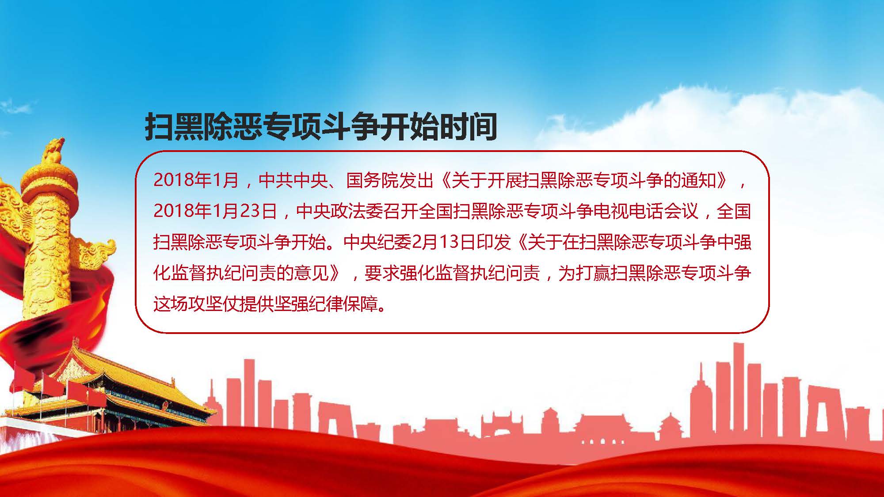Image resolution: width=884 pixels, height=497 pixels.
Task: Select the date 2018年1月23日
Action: pos(216,211)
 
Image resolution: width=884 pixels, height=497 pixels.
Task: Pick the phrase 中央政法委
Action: pos(339,211)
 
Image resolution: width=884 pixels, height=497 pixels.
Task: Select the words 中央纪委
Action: pos(377,242)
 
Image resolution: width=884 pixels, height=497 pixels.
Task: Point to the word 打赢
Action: pos(593,273)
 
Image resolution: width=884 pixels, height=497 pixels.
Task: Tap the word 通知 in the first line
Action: pos(698,180)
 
